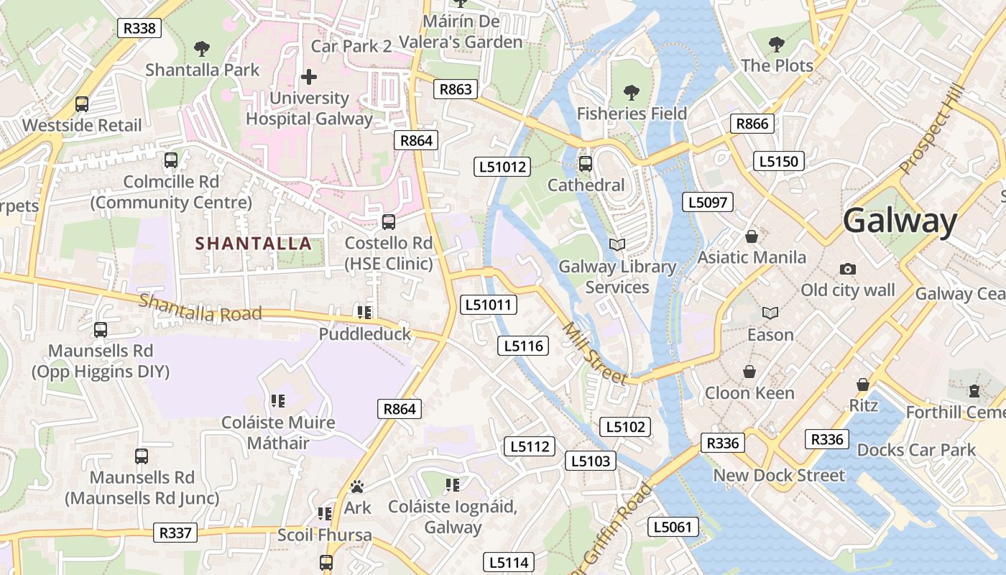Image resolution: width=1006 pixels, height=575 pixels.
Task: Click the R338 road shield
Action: tap(139, 28)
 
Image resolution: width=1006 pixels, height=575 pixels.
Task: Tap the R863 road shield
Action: tap(456, 89)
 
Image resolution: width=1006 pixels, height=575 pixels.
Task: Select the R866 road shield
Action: tap(752, 124)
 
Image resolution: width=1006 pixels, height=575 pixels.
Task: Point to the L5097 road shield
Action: tap(708, 202)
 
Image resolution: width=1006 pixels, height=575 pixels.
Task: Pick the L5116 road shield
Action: tap(523, 346)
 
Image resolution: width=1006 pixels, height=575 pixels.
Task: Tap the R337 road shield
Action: tap(175, 533)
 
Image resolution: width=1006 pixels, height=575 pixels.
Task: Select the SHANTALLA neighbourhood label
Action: tap(254, 244)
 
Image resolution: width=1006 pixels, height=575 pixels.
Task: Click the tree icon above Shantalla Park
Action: tap(202, 49)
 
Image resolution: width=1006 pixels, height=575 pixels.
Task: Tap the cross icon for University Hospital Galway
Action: tap(309, 76)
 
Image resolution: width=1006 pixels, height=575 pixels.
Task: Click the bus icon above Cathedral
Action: tap(586, 164)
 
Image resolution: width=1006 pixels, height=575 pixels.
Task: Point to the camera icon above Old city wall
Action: tap(848, 269)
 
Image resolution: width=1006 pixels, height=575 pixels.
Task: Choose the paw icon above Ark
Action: tap(357, 487)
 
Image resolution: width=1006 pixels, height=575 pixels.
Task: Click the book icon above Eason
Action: tap(770, 313)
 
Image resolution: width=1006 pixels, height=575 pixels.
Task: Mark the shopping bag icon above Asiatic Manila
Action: tap(752, 236)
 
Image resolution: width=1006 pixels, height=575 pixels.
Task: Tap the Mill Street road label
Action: tap(594, 353)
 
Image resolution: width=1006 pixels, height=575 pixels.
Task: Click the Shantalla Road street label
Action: tap(200, 308)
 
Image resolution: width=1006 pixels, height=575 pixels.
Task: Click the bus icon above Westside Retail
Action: tap(82, 104)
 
